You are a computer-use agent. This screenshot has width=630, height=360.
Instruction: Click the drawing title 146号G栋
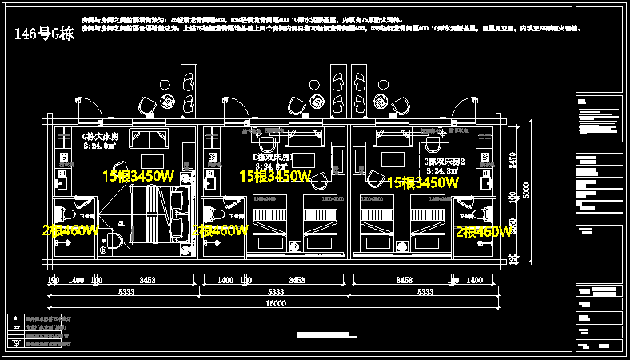click(x=45, y=34)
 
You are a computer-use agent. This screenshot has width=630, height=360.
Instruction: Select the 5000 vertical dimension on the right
click(x=526, y=192)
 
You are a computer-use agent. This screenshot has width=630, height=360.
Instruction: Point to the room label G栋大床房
click(x=101, y=136)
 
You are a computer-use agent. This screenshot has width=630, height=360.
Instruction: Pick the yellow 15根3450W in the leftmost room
click(x=138, y=175)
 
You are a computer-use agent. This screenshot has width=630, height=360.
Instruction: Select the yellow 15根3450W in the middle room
click(x=275, y=175)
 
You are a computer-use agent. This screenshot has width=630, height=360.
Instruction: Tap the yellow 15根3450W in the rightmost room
click(x=423, y=182)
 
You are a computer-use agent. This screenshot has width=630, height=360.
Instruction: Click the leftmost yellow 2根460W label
click(x=70, y=231)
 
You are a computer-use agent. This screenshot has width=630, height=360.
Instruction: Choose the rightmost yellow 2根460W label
click(x=483, y=232)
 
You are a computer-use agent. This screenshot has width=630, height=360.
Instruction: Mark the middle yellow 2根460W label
click(x=220, y=230)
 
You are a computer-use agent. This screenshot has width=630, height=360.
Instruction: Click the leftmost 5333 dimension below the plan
click(x=126, y=293)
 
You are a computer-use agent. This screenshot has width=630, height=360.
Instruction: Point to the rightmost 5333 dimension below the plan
click(x=422, y=293)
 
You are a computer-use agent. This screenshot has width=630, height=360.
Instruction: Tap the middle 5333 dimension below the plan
click(x=277, y=293)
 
